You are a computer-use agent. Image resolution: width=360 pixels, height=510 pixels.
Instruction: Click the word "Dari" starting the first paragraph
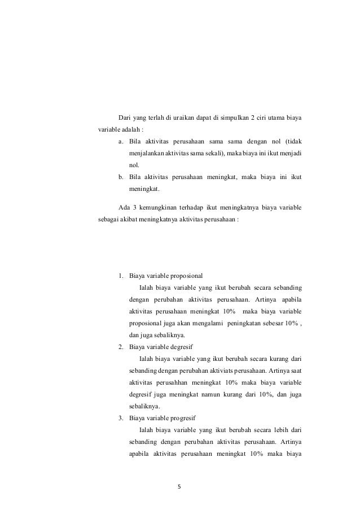click(124, 117)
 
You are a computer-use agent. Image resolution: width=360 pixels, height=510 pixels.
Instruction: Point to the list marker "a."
click(121, 141)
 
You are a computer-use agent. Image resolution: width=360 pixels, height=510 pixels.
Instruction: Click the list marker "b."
click(121, 178)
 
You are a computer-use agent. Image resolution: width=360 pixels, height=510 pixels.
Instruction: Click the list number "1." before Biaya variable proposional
click(121, 276)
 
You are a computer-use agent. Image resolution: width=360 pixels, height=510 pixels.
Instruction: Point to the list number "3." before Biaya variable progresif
click(121, 419)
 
